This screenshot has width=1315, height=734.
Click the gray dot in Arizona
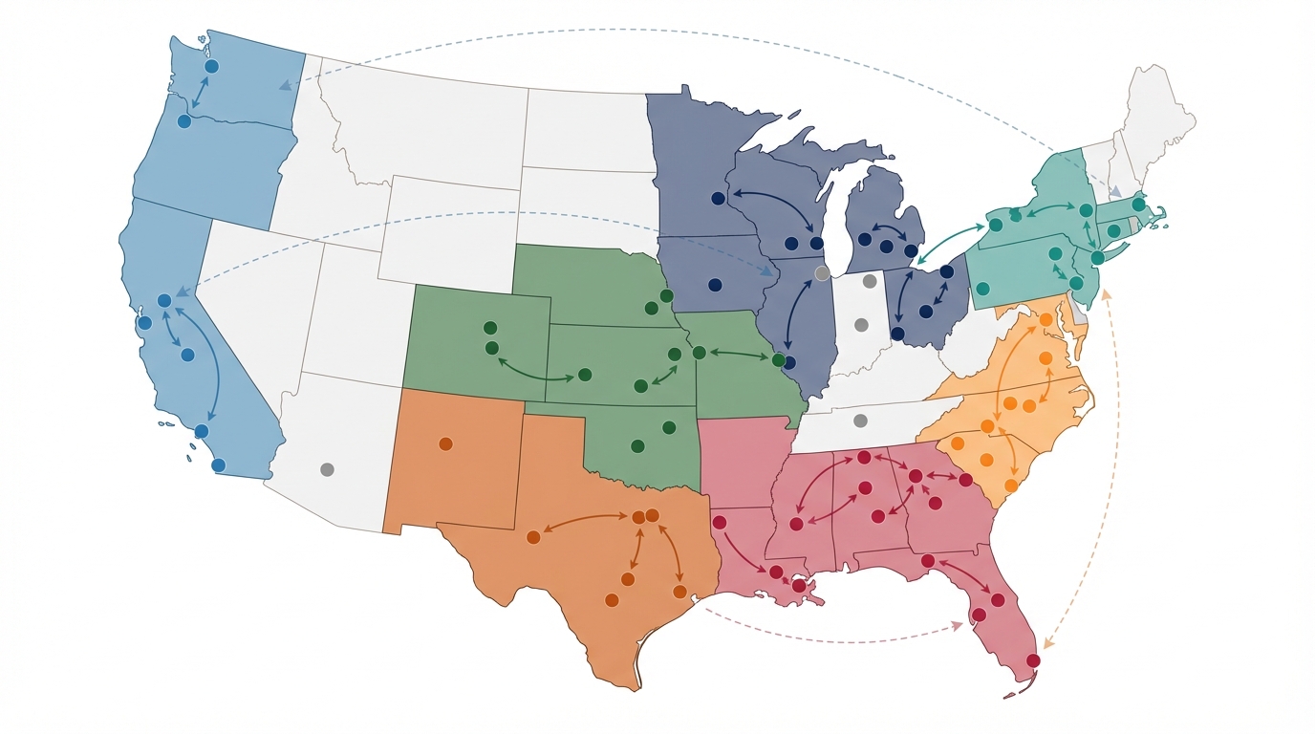pos(327,469)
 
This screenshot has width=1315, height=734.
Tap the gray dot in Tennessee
pos(859,421)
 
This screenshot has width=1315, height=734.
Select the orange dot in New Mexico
pos(444,443)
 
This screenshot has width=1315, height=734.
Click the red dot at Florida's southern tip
pos(1033,660)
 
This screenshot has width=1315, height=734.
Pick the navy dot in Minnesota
pos(718,199)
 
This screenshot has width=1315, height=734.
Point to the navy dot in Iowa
pos(715,285)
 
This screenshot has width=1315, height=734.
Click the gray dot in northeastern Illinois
pos(822,273)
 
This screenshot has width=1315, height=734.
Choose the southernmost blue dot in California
pos(218,465)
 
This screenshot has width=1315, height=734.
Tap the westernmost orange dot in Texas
pos(533,537)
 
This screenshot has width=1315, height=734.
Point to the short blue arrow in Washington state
pos(199,94)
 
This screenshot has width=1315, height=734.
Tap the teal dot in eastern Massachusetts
pos(1138,204)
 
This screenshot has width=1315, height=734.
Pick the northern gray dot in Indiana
pos(869,281)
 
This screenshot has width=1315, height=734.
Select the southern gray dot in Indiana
pos(860,325)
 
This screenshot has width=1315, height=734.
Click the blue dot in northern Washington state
pos(212,67)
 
